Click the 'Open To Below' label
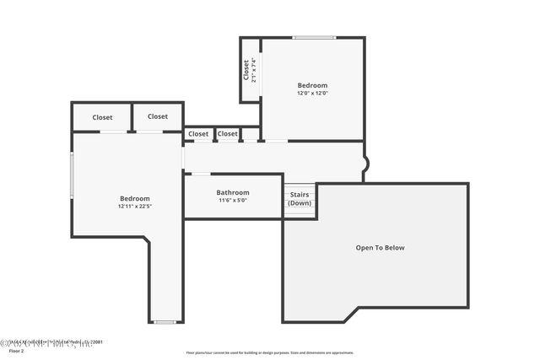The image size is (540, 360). click(380, 248)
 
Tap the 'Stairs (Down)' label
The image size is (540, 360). click(300, 199)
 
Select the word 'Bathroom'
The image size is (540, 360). click(233, 192)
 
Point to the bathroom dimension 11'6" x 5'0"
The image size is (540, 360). click(233, 201)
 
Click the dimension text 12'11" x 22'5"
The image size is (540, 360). click(135, 206)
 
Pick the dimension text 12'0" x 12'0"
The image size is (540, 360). click(312, 93)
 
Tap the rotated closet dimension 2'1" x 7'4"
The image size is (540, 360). click(254, 70)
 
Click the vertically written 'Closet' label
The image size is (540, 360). click(246, 69)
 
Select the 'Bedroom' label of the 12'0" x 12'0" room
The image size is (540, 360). click(312, 85)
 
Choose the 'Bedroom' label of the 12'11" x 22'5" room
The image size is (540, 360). click(135, 198)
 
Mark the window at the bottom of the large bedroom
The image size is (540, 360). click(165, 321)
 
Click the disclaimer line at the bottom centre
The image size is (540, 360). click(270, 352)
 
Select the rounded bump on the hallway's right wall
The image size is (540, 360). click(366, 166)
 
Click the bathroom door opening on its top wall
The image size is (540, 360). click(201, 174)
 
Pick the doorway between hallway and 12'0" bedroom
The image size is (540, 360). click(276, 141)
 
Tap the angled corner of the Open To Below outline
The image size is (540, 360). click(351, 314)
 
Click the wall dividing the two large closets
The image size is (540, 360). click(131, 116)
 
